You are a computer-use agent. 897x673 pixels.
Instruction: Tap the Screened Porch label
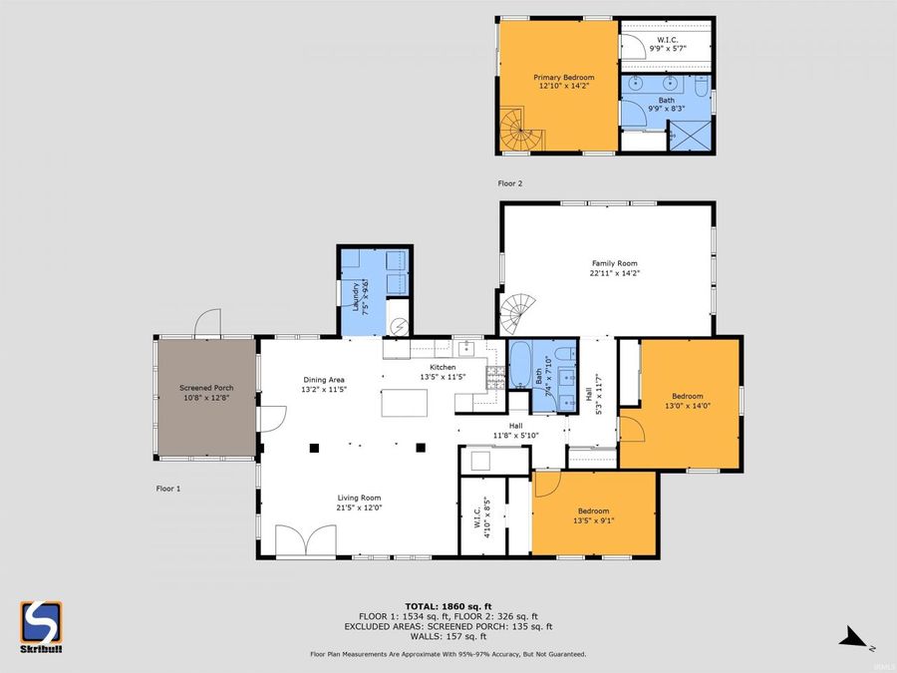[204, 393]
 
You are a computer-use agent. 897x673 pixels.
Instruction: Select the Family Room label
[608, 267]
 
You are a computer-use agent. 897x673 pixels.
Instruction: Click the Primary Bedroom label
[563, 82]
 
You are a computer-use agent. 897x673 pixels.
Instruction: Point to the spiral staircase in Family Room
[519, 315]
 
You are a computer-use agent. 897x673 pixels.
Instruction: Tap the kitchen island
[404, 404]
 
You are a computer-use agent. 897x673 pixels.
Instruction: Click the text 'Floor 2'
[510, 183]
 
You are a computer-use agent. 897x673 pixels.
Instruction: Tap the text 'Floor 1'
[169, 489]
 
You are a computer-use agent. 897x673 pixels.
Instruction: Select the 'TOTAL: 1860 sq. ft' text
[448, 606]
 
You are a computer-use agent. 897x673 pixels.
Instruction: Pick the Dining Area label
[324, 385]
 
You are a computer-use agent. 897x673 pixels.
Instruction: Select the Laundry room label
[354, 297]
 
